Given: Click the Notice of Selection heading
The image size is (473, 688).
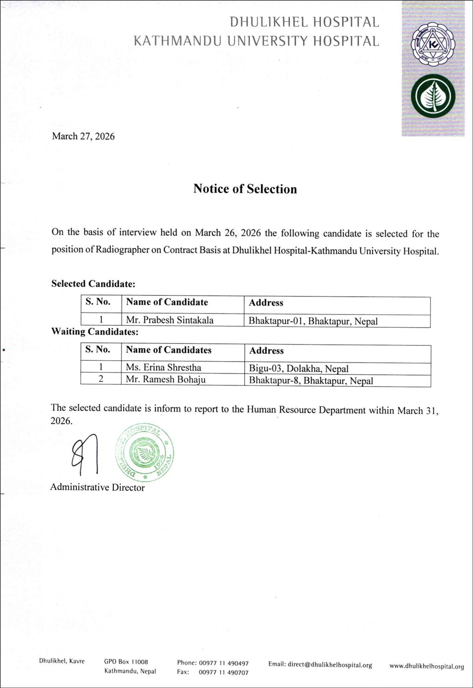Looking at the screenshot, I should pos(245,189).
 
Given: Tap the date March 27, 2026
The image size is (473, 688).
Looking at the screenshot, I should pos(83,136).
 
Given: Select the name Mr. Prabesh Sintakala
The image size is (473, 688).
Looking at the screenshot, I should pos(170,320).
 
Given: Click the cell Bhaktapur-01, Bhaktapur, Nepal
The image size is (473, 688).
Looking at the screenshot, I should pos(313,321).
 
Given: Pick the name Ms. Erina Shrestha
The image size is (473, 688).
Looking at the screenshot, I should pos(164,368).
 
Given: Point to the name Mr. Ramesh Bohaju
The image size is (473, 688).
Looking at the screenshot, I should pos(166,380).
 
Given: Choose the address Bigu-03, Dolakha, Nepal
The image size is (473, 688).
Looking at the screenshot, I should pos(298,369).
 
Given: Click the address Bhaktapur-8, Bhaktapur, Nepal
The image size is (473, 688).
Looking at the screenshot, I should pos(311,381).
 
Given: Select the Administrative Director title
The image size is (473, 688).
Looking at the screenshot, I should pos(97,487).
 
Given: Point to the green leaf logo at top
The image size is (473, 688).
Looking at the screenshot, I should pos(433,96).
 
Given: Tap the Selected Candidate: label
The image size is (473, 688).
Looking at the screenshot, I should pos(93,284).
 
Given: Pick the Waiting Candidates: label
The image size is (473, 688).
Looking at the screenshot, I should pos(95,332).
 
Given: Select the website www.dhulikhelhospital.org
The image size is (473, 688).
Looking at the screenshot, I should pos(426,666).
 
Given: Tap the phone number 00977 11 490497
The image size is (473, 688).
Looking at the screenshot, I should pos(224,663).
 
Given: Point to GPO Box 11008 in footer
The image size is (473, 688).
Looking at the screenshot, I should pos(126,662).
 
